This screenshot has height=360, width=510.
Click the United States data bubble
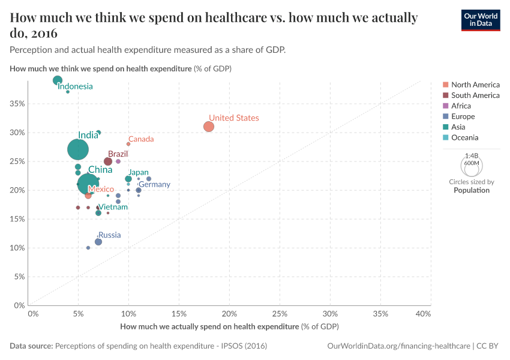tap(208, 127)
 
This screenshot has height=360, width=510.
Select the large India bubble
tap(78, 149)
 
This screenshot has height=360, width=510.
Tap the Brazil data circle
tap(108, 161)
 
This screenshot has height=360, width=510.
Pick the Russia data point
tap(98, 242)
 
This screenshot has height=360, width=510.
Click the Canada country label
tap(141, 139)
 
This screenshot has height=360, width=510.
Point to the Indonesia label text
tap(75, 86)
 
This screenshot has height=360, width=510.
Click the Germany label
tap(154, 185)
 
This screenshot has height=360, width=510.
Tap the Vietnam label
tap(113, 207)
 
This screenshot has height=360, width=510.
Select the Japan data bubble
tap(128, 179)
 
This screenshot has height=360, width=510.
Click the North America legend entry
tap(475, 85)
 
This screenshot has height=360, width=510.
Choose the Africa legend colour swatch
tap(445, 106)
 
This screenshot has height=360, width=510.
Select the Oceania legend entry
tap(464, 137)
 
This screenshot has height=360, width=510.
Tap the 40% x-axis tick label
tap(422, 314)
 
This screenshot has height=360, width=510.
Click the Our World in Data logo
tap(480, 20)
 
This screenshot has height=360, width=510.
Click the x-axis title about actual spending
tap(229, 326)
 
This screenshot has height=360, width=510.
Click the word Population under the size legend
tap(471, 190)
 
